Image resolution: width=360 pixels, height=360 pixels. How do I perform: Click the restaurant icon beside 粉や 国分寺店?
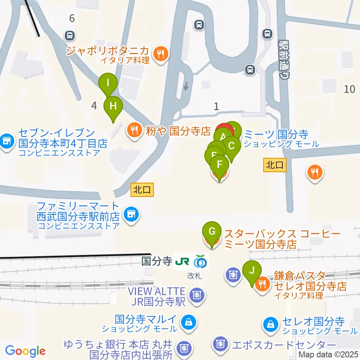pos(133,130)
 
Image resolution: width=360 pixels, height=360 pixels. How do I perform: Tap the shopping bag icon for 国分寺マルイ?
pos(187,322)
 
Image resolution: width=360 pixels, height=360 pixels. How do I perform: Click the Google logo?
pos(25,351)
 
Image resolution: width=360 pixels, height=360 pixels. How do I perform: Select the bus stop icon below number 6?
pos(69,36)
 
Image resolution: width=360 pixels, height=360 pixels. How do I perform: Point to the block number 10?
pos(349,89)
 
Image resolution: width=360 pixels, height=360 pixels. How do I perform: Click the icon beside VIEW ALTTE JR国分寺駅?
pos(197,295)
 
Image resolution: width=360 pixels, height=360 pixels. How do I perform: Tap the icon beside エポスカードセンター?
pos(220,343)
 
